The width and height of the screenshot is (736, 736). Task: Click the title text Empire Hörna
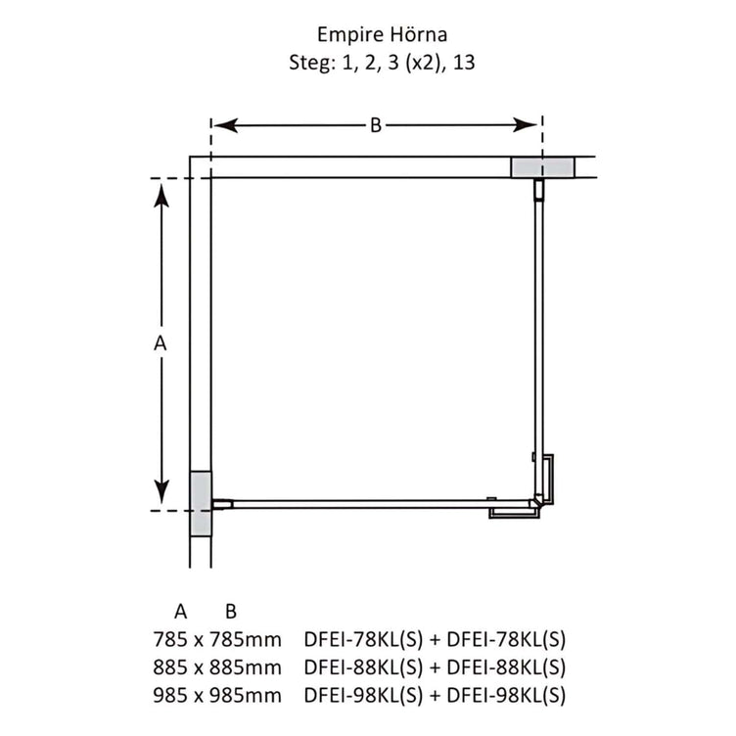tap(382, 34)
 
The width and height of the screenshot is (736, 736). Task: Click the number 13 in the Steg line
tap(464, 63)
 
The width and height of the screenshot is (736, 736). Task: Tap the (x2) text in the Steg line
tap(423, 63)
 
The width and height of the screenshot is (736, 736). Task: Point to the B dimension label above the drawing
tap(376, 125)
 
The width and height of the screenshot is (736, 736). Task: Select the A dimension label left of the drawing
tap(161, 344)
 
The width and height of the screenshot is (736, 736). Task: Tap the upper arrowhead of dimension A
tap(161, 196)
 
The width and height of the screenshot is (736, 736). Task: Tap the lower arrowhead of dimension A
tap(161, 492)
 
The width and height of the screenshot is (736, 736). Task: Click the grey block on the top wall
tap(542, 167)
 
